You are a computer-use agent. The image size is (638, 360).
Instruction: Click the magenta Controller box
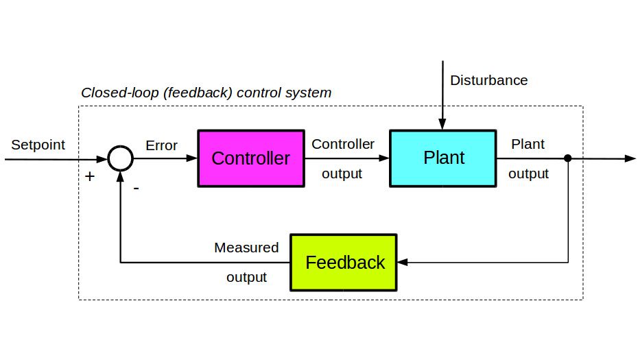pos(251,158)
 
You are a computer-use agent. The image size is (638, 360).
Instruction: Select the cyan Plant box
pos(443,158)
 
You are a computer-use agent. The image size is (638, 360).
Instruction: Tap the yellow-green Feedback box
pos(344,263)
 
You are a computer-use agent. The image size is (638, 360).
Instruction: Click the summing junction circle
pos(121,158)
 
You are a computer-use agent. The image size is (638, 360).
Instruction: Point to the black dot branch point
pos(568,158)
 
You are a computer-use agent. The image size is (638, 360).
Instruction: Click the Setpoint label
pos(38,145)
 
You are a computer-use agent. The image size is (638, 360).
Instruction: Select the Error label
pos(161,145)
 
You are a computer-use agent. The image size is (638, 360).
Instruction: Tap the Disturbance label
pos(488,80)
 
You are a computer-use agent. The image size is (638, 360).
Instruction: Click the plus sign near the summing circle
pos(89,176)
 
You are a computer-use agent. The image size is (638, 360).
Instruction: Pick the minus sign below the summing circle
pos(137,188)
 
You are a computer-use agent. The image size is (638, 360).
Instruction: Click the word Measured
pos(246,248)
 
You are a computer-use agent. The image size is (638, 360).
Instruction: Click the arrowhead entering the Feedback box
pos(403,263)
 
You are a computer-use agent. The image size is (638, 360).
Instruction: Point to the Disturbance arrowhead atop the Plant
pos(442,124)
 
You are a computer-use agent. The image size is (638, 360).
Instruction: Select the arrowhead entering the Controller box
pos(191,158)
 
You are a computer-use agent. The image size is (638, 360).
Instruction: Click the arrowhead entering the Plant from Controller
pos(383,158)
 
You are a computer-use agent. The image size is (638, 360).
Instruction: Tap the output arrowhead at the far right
pos(630,158)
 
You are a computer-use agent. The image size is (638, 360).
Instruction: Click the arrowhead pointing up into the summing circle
pos(121,176)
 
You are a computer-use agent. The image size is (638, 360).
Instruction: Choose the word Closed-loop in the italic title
pos(120,93)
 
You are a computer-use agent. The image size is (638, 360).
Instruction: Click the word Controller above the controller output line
pos(343,144)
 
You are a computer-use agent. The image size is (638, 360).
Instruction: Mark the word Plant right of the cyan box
pos(528,144)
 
